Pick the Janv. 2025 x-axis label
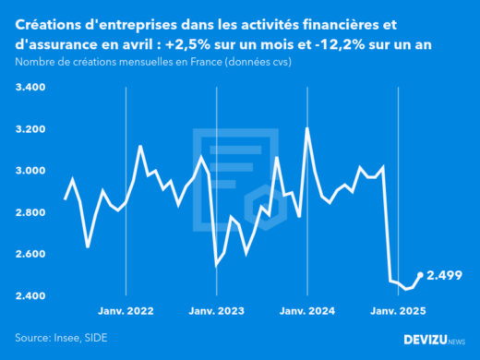click(397, 312)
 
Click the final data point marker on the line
click(421, 275)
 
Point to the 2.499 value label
click(444, 275)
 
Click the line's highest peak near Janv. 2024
click(306, 128)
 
